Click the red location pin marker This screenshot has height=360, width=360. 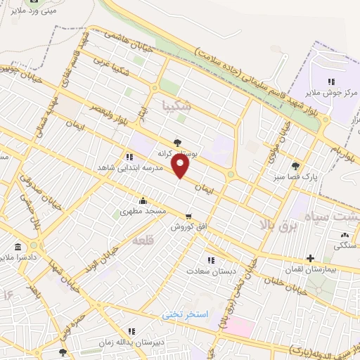click(181, 167)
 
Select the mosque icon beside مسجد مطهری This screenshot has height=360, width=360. click(143, 200)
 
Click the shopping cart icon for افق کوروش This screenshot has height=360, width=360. click(188, 216)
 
